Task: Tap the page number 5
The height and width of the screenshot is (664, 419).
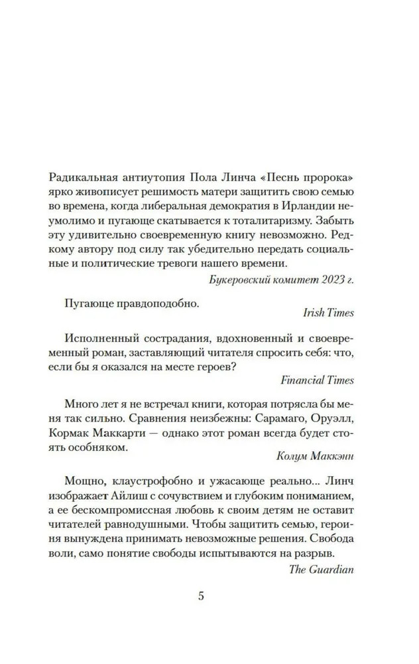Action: point(202,596)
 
